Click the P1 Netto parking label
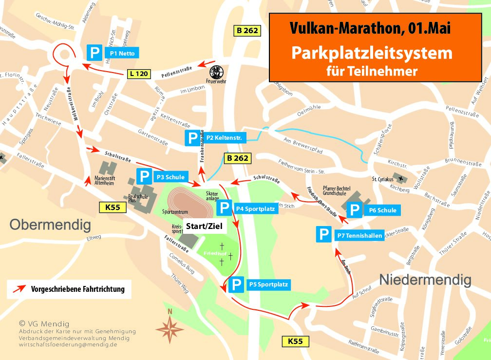point(122,53)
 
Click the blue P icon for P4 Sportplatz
point(224,208)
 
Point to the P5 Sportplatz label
point(268,284)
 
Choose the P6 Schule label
point(382,210)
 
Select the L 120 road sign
point(138,74)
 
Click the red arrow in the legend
point(19,289)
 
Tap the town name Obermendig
point(50,225)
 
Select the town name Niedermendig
point(425,280)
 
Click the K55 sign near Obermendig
point(113,208)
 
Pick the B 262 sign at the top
point(247,31)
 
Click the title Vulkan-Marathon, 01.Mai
point(370,29)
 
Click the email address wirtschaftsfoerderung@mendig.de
point(68,344)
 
